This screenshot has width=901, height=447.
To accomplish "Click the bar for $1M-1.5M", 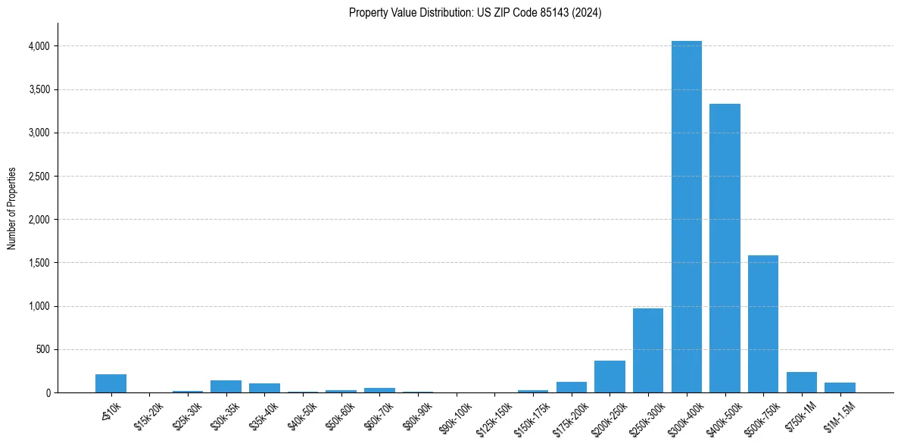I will pyautogui.click(x=840, y=387).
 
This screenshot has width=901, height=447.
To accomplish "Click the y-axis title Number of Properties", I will pyautogui.click(x=11, y=208).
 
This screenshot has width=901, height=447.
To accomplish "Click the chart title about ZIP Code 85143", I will pyautogui.click(x=475, y=13).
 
